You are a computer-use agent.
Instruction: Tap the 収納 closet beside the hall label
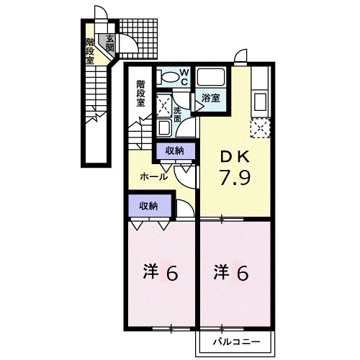pyautogui.click(x=174, y=150)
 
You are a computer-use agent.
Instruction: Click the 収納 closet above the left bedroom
pyautogui.click(x=148, y=206)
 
